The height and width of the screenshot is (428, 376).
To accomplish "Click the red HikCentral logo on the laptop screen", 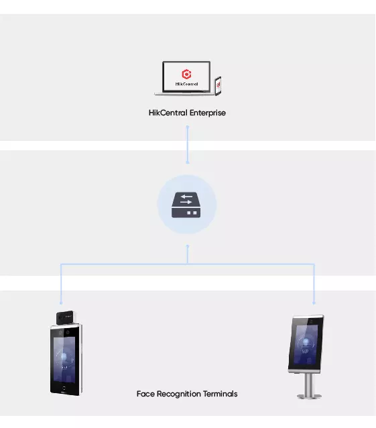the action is coord(186,74).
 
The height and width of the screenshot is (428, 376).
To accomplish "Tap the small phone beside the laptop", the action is coord(218,86).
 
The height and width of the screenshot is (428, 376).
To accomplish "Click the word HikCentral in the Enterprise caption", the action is coord(168,113).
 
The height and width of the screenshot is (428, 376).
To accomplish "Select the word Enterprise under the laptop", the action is coord(208,113).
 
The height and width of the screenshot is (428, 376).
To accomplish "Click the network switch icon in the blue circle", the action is coord(186,205).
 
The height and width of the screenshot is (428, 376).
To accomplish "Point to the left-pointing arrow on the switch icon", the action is coord(187,197).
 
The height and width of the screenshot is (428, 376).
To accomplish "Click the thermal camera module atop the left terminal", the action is coord(65,317).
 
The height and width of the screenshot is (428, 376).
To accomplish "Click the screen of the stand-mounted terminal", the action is coord(306,345).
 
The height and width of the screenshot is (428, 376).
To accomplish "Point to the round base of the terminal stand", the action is coord(309,396).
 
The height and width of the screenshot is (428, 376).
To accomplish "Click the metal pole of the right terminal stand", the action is coord(309,383).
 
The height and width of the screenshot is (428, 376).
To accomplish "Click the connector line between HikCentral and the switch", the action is coord(187,145).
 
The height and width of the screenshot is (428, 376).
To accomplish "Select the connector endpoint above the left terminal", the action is coord(61,303).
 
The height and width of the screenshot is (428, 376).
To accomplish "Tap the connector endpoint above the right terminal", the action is coord(314,303).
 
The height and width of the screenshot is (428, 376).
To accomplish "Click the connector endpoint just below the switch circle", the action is coord(187,246).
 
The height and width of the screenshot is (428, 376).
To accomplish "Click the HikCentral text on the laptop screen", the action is coord(186,84).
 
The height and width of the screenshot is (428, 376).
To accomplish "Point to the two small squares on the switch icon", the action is coord(192,213).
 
